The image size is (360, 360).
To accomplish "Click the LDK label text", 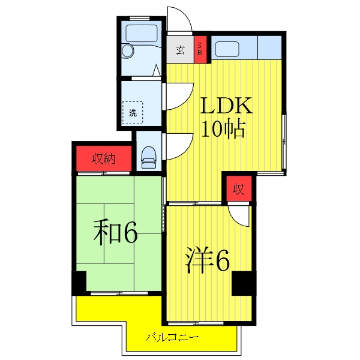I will (x=227, y=107).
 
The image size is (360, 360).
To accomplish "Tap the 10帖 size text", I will (x=223, y=130).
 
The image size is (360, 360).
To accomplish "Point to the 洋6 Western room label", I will (x=207, y=260).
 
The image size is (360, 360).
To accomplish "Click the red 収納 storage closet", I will (x=103, y=159).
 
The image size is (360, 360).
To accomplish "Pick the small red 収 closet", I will (x=238, y=190).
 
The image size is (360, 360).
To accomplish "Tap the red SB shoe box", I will (x=200, y=50).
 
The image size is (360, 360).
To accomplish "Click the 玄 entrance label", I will (x=180, y=50).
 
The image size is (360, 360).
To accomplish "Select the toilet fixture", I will (x=148, y=157).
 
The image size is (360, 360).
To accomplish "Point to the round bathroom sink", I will (x=128, y=52).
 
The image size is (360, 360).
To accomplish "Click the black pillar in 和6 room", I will (x=79, y=282).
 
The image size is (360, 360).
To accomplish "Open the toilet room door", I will (x=178, y=146).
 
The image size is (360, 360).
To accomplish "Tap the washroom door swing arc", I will (x=178, y=95).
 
